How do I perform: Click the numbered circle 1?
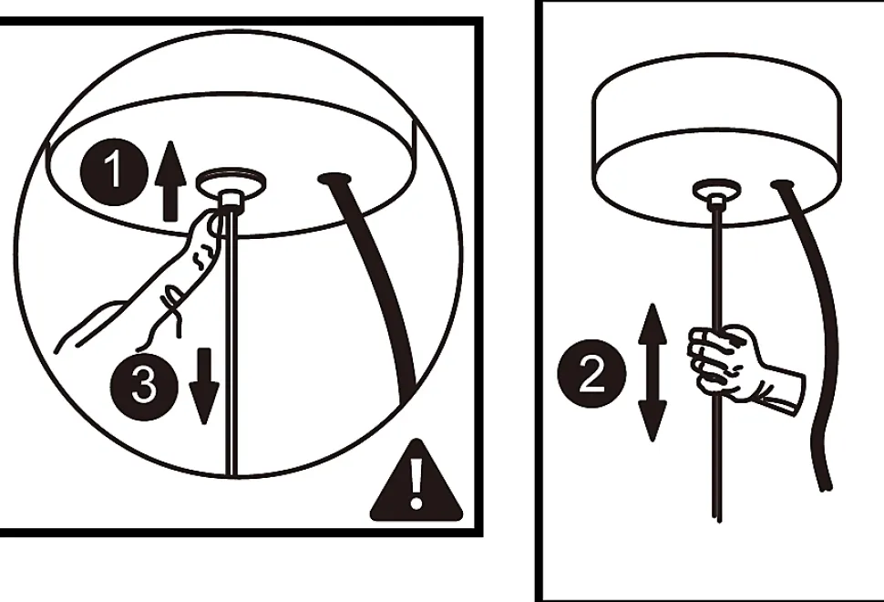[x=115, y=171]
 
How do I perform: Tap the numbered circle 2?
[x=592, y=373]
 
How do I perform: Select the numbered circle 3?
[x=144, y=387]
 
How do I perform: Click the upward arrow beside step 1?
[x=170, y=181]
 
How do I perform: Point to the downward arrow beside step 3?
[x=204, y=386]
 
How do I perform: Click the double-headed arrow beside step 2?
[x=653, y=372]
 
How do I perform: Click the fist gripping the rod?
[x=725, y=361]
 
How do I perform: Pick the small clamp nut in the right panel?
[x=716, y=202]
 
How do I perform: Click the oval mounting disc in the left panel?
[x=231, y=182]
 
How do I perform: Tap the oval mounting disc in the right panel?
[x=716, y=189]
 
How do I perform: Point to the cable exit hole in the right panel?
[x=783, y=184]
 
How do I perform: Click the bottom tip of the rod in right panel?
[x=717, y=520]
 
